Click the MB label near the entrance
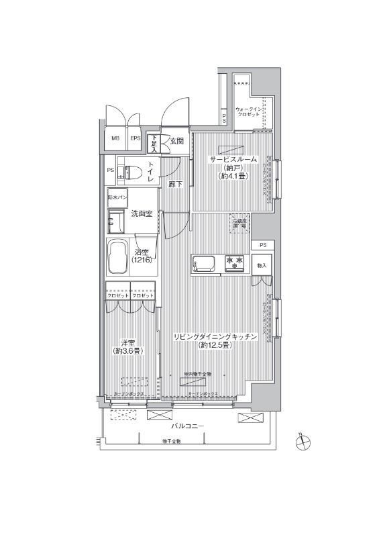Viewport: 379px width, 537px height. coord(115,140)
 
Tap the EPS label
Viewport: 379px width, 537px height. coord(135,140)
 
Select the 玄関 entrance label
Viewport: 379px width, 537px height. coord(176,141)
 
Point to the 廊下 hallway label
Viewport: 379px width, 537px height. coord(176,184)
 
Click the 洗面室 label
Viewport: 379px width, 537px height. coord(142,214)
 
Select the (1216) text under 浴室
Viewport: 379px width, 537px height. coord(142,259)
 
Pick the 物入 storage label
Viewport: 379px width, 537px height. coord(262,266)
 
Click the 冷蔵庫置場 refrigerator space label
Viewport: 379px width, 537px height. coord(239,224)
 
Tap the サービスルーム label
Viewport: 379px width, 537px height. coord(233,159)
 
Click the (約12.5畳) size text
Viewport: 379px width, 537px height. coord(215,346)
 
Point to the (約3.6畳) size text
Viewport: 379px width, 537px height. coord(127,350)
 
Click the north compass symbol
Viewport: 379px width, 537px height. coord(304,442)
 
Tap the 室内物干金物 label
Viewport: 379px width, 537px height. coord(198,374)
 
